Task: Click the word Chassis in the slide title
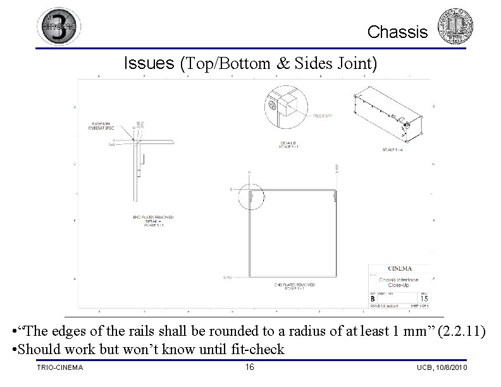point(397,32)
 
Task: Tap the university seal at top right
point(455,27)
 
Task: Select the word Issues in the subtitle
point(149,63)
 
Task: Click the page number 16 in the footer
point(249,367)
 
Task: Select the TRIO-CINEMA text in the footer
point(60,368)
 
